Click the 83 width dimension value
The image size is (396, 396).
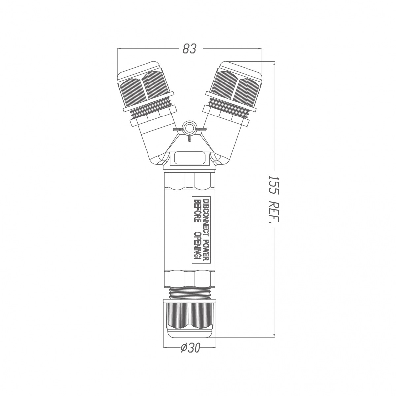[189, 49]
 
